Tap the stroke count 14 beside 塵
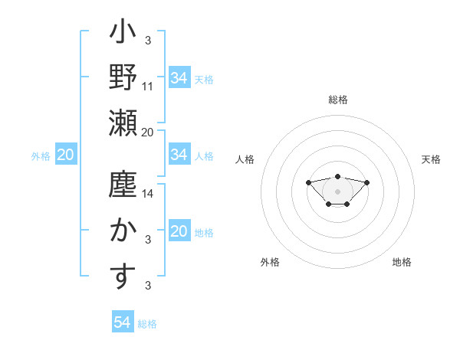[148, 194]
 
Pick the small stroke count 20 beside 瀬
[148, 132]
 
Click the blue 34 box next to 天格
[179, 78]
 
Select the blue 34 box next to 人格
[179, 155]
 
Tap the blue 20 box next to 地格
[179, 232]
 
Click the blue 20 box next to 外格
[65, 155]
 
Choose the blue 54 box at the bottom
[123, 322]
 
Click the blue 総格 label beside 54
[147, 324]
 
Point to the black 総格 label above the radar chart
[337, 100]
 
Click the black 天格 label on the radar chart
[432, 159]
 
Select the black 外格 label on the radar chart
[270, 262]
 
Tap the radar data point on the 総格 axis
[337, 176]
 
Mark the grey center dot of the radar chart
[337, 191]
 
